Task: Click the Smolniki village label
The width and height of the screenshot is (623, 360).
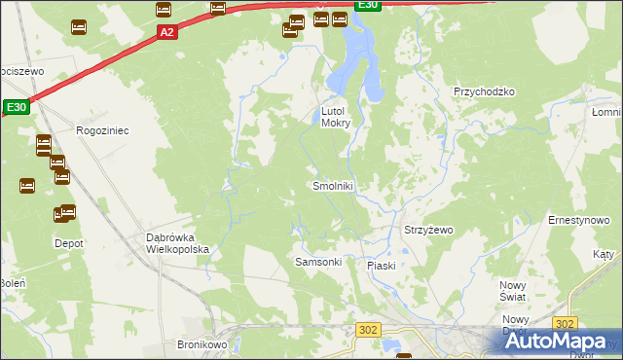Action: [x=334, y=185]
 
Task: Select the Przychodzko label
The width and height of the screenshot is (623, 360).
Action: [x=483, y=91]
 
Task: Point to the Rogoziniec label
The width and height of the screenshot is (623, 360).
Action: [x=102, y=128]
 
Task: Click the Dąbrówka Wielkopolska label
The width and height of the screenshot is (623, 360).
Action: [x=177, y=243]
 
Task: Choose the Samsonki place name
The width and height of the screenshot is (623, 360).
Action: [x=317, y=263]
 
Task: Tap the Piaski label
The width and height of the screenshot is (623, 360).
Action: [x=381, y=266]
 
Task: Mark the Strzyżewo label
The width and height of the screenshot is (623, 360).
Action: [x=428, y=231]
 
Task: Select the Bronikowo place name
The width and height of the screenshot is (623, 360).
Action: [x=202, y=344]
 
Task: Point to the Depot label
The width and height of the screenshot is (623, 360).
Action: [x=68, y=243]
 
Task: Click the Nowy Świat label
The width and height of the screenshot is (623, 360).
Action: [x=513, y=289]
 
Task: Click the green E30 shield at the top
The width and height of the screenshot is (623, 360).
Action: [x=366, y=5]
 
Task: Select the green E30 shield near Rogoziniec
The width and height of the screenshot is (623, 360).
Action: [x=17, y=107]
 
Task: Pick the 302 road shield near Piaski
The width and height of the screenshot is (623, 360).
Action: [x=368, y=330]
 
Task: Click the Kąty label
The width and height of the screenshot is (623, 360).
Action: [x=604, y=254]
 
